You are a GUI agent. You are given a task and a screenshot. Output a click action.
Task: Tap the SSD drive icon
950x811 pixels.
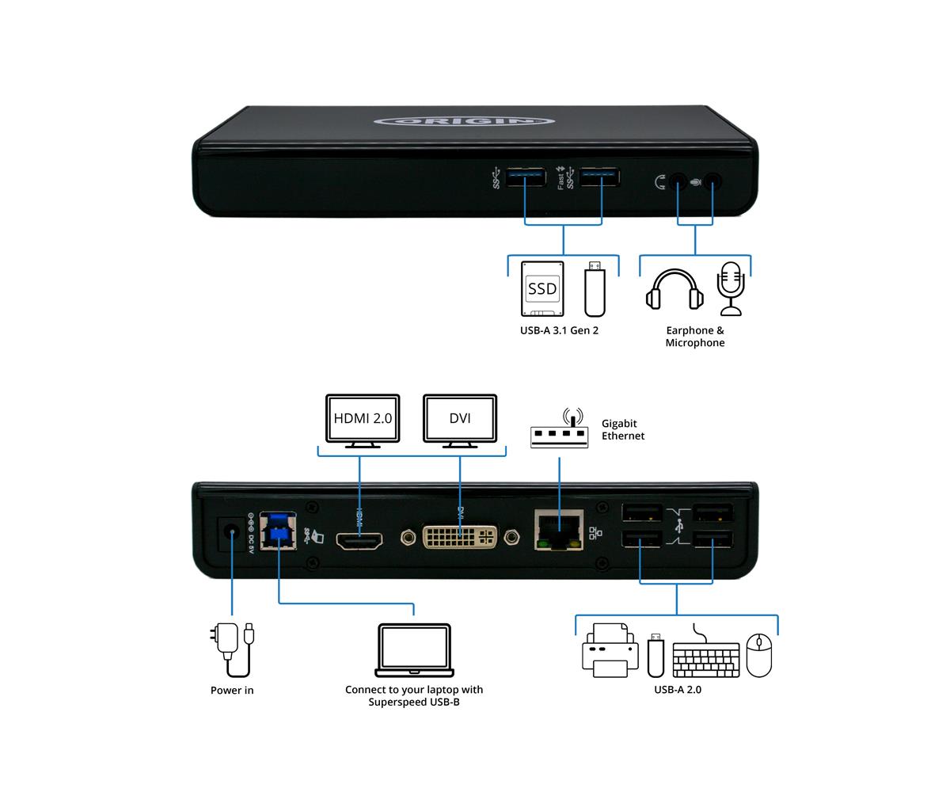[x=542, y=289]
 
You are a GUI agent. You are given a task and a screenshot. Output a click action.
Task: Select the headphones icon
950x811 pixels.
[x=674, y=290]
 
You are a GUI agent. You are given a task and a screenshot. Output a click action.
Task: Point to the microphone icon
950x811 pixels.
[x=731, y=287]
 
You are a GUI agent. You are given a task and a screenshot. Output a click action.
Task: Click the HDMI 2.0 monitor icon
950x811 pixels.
[x=363, y=419]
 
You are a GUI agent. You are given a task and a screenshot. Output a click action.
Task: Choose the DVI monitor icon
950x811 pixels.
[x=460, y=419]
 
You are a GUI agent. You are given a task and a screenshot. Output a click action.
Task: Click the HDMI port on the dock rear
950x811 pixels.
[x=360, y=542]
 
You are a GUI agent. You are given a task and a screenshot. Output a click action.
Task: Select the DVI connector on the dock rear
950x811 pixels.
[x=460, y=536]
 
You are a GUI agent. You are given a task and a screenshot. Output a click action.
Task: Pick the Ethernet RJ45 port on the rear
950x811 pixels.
[x=559, y=529]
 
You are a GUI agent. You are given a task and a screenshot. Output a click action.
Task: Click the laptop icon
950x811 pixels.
[x=414, y=649]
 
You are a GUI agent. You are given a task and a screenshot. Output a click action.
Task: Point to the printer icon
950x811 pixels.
[x=610, y=650]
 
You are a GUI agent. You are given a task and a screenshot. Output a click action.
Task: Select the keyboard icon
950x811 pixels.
[x=706, y=656]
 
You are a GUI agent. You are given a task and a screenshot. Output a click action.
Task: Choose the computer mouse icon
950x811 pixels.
[x=759, y=655]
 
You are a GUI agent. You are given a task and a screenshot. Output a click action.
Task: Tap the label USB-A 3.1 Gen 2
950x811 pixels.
[x=559, y=330]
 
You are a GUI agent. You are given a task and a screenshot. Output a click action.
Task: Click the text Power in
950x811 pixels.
[x=232, y=691]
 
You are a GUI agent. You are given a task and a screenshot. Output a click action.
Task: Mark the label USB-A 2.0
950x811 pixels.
[x=678, y=690]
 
